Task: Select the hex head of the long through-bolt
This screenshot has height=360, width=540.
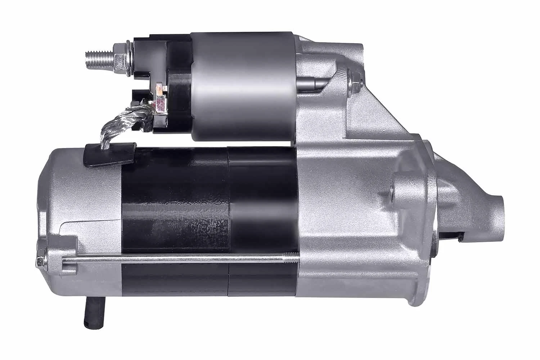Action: tap(41, 262)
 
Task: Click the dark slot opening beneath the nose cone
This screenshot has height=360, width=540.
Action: tap(450, 236)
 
